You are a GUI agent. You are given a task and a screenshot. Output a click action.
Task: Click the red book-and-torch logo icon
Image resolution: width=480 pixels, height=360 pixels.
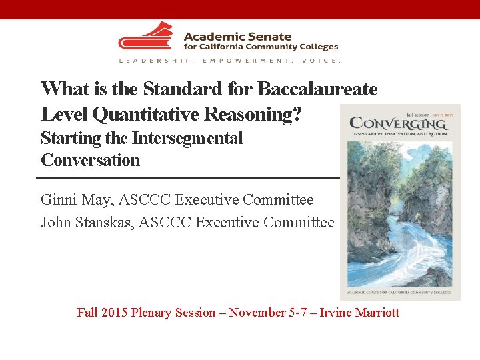145,37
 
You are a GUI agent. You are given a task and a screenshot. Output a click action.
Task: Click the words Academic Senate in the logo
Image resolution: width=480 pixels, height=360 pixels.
237,37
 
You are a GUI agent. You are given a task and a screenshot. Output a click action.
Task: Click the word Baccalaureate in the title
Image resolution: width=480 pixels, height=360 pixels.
317,89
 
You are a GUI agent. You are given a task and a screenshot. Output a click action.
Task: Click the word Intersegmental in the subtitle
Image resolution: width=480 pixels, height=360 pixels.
187,139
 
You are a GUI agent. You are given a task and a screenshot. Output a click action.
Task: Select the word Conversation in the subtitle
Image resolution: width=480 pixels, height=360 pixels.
91,160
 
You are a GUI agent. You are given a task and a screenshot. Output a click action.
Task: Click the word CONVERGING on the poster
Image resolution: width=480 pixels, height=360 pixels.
397,123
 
